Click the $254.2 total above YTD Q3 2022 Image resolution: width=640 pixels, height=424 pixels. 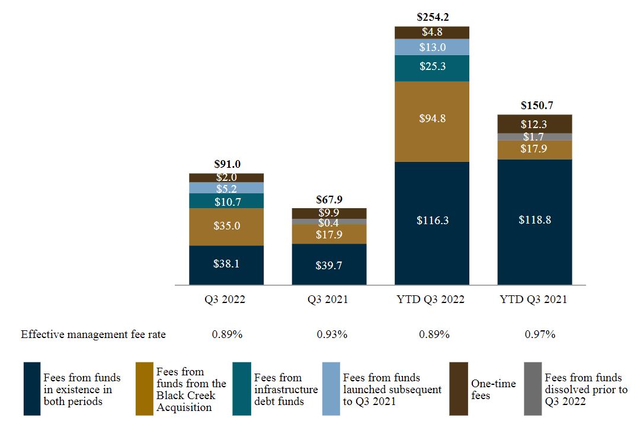tap(432, 18)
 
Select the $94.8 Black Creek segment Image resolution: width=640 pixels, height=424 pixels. tap(432, 119)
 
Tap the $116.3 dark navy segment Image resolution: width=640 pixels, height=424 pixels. tap(432, 220)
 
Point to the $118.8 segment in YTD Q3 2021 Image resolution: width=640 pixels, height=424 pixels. tap(535, 220)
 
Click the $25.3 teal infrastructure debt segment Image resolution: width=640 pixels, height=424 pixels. tap(432, 66)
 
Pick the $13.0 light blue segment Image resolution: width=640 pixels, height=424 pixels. tap(432, 47)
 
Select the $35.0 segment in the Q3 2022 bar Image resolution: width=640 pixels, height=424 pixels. tap(226, 226)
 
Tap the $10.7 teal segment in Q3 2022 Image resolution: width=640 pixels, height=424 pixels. tap(226, 202)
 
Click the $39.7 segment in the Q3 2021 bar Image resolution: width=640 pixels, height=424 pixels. tap(329, 265)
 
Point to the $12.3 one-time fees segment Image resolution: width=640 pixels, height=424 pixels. tap(535, 125)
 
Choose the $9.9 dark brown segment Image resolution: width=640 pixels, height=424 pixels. tap(329, 213)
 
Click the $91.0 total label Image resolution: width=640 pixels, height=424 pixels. tap(226, 165)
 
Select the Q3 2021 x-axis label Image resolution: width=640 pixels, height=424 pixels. tap(329, 299)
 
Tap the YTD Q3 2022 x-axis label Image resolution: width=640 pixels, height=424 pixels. tap(432, 299)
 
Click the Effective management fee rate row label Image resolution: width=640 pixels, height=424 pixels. tap(94, 334)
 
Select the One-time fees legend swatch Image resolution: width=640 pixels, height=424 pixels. tap(459, 388)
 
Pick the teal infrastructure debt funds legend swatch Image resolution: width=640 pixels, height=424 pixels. tap(241, 388)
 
